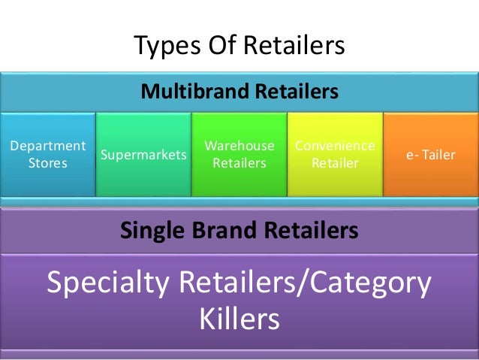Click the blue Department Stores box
click(47, 154)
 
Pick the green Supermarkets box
click(143, 154)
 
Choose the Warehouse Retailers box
click(239, 154)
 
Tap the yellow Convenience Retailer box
click(335, 154)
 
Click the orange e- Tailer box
click(431, 154)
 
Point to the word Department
click(47, 145)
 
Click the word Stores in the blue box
click(47, 162)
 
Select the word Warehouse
click(239, 145)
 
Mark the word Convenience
click(335, 145)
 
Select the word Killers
click(239, 320)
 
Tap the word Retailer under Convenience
click(335, 162)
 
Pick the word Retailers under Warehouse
click(239, 162)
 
